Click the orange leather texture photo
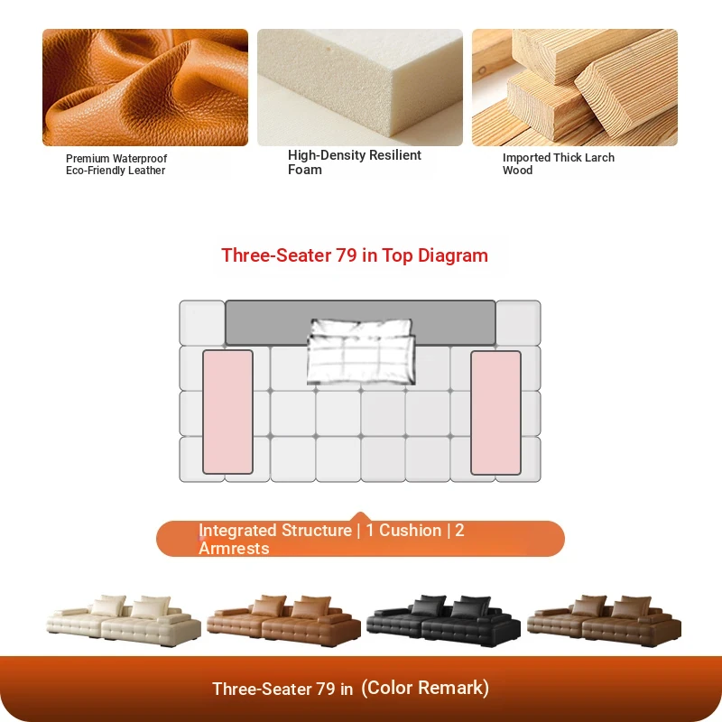click(145, 88)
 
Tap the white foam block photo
click(360, 88)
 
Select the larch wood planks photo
click(575, 88)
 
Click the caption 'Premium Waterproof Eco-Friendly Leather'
click(116, 164)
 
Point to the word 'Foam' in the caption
click(305, 170)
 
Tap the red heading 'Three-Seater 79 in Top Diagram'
click(355, 255)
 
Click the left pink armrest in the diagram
click(227, 412)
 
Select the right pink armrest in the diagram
click(495, 412)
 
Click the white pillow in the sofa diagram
click(361, 351)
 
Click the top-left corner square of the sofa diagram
click(201, 323)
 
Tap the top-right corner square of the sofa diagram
click(518, 323)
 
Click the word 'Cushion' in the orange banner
click(411, 531)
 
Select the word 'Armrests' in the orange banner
click(234, 549)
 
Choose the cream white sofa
click(124, 620)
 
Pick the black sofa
click(443, 620)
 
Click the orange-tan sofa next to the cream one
click(283, 620)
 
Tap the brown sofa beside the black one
click(604, 620)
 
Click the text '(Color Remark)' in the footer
click(425, 688)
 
